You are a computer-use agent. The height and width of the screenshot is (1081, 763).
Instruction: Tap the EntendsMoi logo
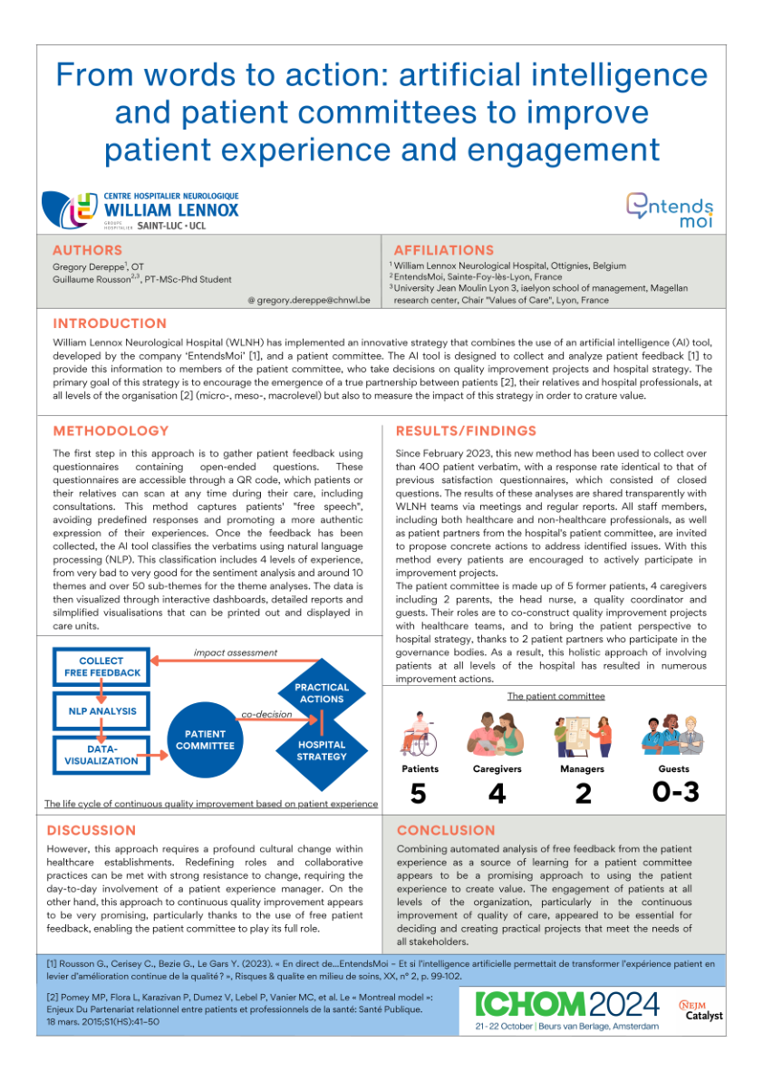tap(670, 209)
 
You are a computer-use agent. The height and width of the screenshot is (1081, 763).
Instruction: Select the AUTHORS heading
tap(87, 250)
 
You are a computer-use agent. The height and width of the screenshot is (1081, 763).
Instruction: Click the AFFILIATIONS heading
tap(444, 250)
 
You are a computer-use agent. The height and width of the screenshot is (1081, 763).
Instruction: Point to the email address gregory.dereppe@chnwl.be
tap(308, 299)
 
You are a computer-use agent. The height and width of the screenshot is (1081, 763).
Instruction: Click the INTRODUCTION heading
tap(110, 323)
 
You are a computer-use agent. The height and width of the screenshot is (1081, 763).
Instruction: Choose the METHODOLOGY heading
tap(111, 430)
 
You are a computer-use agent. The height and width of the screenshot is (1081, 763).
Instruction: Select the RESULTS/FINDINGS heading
tap(466, 430)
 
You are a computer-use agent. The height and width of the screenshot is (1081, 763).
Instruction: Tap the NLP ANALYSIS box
tap(102, 711)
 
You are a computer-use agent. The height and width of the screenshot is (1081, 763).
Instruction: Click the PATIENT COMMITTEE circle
tap(205, 739)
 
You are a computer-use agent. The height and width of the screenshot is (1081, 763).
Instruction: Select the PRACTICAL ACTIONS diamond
tap(322, 693)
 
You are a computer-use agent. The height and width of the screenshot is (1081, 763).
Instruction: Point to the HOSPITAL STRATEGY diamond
tap(322, 750)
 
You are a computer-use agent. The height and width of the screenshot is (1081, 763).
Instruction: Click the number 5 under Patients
tap(418, 794)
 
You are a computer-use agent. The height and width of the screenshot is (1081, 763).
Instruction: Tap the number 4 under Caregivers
tap(497, 794)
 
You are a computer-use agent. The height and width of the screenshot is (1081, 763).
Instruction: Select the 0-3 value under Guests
tap(676, 792)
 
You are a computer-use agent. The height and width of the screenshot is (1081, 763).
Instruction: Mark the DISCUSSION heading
tap(92, 830)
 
